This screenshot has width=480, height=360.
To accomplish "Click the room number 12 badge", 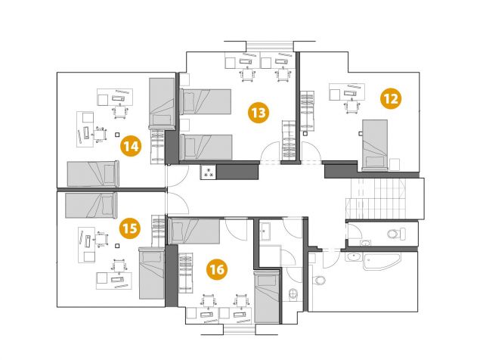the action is click(391, 98).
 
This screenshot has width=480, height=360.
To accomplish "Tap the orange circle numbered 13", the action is click(259, 113).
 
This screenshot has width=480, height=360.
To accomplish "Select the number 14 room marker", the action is click(131, 146).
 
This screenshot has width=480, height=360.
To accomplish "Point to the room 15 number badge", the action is click(130, 228).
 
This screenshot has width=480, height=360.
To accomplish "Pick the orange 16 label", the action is click(217, 269).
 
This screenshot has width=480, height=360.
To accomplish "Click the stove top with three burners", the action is click(209, 172).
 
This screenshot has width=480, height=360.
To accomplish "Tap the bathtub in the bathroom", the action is click(382, 261).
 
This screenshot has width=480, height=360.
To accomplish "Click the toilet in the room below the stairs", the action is click(396, 234).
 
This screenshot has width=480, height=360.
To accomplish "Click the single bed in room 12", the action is click(375, 145).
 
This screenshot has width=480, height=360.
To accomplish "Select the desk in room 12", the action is click(347, 92).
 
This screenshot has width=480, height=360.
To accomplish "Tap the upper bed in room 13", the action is click(205, 101).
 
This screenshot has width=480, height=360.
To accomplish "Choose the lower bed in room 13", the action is click(206, 147).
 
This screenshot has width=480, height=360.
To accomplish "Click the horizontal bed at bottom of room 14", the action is click(93, 174).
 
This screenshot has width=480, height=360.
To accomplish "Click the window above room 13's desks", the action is click(270, 46).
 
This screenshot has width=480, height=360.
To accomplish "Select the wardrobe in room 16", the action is click(185, 273).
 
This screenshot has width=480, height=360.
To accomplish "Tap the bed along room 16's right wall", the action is click(267, 296).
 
